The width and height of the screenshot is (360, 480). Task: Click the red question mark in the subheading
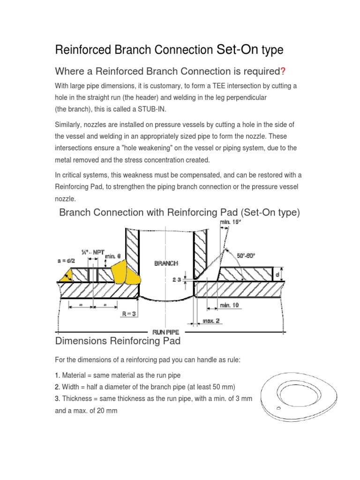coord(283,71)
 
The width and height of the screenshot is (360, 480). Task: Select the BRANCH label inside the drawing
coord(166,263)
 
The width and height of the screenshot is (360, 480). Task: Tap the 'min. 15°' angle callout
coord(230,222)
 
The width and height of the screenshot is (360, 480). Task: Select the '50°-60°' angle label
coord(249,256)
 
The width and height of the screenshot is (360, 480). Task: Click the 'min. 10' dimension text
coord(229,306)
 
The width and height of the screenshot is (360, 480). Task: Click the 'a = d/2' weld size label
coord(66,258)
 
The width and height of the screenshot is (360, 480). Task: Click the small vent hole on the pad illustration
coord(278,408)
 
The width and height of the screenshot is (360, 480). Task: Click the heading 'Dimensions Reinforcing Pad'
coord(118,341)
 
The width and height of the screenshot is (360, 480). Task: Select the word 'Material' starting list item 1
coord(75,375)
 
